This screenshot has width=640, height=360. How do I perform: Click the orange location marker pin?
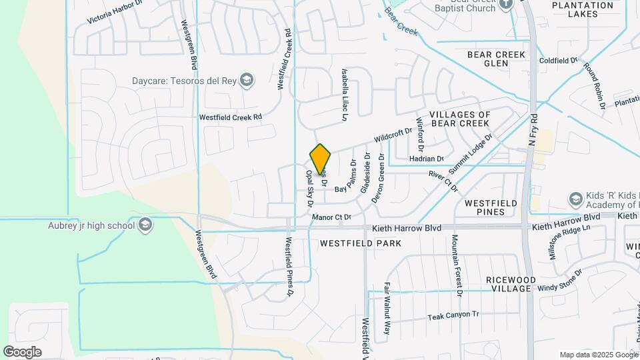[x=321, y=159]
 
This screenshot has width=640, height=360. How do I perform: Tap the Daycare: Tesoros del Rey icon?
[x=247, y=81]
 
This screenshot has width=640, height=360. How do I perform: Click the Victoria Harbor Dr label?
[x=115, y=13]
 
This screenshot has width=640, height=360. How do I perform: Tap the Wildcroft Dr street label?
[x=393, y=135]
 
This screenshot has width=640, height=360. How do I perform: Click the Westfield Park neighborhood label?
[x=361, y=243]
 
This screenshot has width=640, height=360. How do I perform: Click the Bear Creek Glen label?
[x=497, y=59]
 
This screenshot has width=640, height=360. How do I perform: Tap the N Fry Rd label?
[x=533, y=130]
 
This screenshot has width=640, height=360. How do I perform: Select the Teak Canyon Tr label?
[x=453, y=315]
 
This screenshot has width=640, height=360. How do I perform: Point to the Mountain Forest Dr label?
[x=457, y=265]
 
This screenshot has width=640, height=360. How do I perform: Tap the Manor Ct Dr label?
[x=331, y=217]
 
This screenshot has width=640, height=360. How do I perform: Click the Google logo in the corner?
[x=23, y=351]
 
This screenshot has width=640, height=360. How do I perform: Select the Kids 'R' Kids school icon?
[x=575, y=199]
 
